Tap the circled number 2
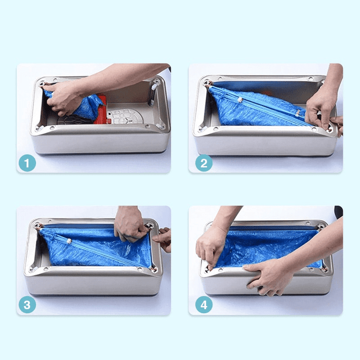coord(204,163)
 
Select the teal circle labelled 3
coord(27,305)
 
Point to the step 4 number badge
coord(204,305)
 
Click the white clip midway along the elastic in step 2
coord(297,112)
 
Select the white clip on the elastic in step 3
coord(68,241)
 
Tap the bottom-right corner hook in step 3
coord(153,268)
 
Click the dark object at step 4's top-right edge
coord(338,211)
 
